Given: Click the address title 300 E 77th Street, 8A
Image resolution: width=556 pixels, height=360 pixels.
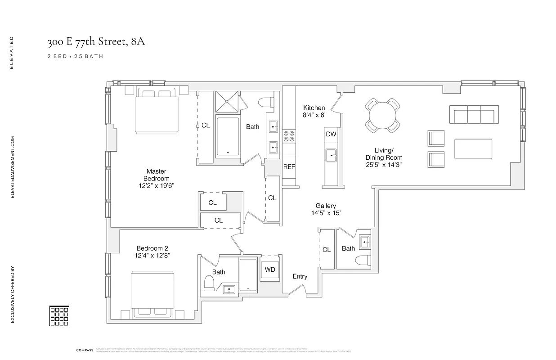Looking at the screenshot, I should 96,42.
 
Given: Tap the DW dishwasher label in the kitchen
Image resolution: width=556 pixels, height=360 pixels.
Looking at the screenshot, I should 331,134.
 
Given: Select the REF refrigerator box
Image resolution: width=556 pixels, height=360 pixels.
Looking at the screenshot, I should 289,167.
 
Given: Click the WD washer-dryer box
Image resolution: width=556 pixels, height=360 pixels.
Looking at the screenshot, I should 270,270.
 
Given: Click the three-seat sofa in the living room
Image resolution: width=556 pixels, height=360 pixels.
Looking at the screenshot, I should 474,115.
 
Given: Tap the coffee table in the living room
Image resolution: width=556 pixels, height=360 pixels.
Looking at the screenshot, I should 473,149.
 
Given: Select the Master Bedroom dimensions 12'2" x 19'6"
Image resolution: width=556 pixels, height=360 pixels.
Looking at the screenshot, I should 156,186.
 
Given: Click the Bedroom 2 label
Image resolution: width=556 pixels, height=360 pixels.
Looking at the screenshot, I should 152,248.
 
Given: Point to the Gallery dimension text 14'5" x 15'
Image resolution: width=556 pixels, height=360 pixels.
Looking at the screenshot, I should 326,213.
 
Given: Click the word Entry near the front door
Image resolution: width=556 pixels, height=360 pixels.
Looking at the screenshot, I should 300,276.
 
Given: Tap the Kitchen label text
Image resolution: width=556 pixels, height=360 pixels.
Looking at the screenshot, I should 314,108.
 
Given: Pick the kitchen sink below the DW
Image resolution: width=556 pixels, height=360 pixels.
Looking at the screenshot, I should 331,156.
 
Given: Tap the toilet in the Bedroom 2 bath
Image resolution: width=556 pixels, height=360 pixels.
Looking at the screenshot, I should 209,282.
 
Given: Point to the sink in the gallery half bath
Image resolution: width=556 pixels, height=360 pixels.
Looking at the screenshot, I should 363,242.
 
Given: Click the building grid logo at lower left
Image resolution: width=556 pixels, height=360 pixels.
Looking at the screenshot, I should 58,315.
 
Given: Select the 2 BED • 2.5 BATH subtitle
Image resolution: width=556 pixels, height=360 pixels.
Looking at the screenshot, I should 76,57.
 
